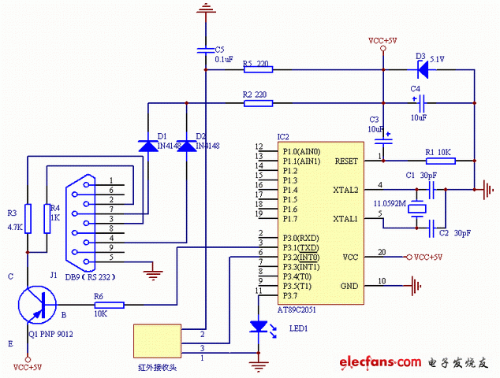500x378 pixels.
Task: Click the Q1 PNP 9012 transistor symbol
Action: click(35, 304)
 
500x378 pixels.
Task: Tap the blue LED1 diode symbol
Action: click(258, 327)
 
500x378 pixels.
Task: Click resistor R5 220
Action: click(257, 69)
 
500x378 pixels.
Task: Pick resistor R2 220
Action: click(257, 102)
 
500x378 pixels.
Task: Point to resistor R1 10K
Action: click(441, 161)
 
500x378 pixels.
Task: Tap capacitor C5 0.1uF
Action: click(205, 51)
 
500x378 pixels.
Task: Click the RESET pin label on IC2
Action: click(346, 161)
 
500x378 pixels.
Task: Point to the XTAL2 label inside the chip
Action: click(345, 190)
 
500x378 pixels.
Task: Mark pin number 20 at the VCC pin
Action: click(382, 252)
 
